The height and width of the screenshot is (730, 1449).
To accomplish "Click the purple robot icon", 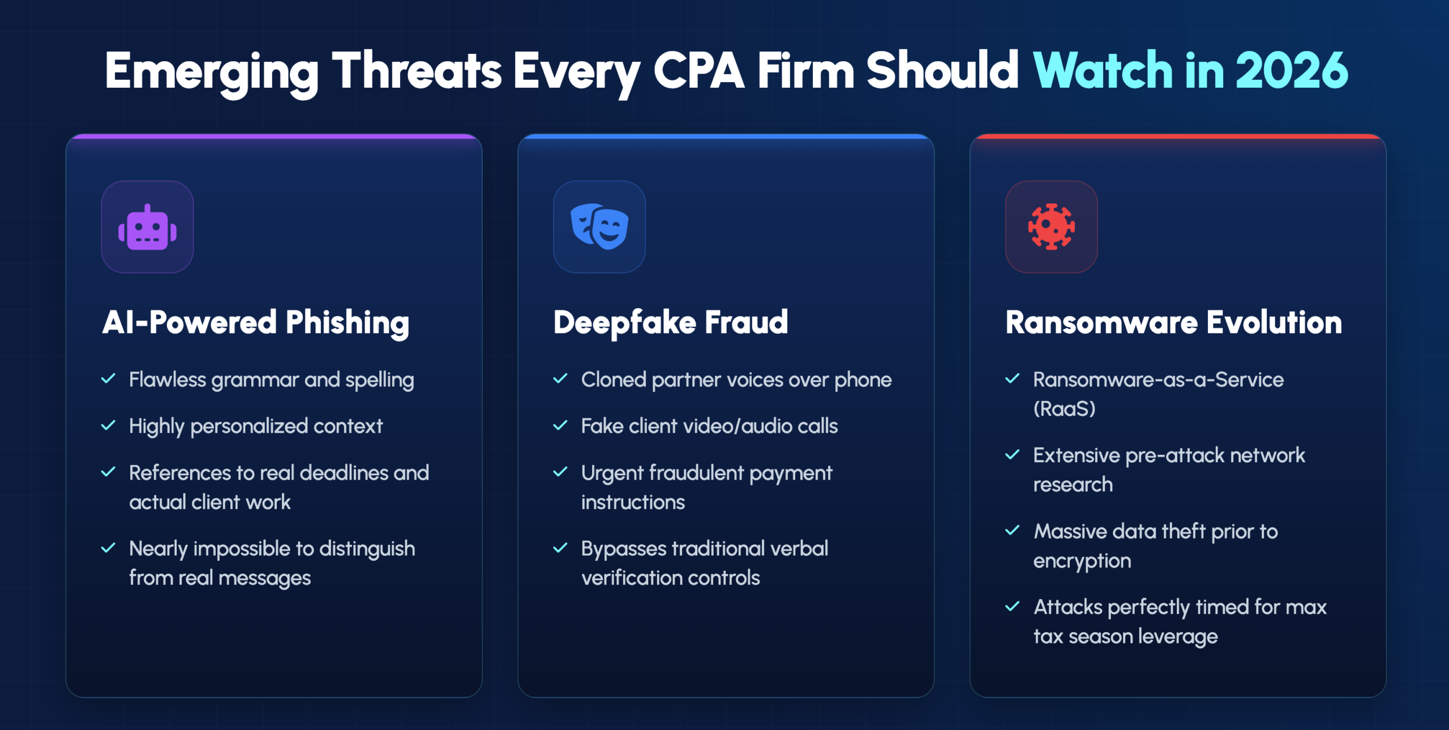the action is coord(147,227).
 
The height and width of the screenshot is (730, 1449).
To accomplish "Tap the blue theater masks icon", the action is coord(599,227).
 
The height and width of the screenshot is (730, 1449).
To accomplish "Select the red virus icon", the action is coord(1051,227).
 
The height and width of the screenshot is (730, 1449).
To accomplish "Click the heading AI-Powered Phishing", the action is coord(255,323).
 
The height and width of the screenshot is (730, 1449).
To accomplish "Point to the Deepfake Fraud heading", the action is coord(670,323).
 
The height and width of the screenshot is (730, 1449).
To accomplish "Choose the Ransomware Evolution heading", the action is coord(1173,322).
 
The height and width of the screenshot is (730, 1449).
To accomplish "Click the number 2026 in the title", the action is coord(1292,70).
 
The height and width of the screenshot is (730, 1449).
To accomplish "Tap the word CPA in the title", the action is coord(698,70).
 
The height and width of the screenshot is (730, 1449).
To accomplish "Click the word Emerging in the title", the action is coord(212,72).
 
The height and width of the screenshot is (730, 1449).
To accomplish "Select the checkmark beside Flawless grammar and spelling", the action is coord(108,378).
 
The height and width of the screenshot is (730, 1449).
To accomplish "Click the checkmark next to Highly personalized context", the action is coord(108,425).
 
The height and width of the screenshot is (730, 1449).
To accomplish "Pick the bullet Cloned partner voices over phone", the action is coord(736,379).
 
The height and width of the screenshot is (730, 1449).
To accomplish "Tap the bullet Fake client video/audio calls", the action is coord(709,426).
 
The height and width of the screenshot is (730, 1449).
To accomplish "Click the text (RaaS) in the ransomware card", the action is coord(1064,408).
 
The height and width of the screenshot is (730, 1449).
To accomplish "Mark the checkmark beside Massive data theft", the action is coord(1012,530).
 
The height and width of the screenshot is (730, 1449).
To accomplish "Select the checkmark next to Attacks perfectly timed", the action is coord(1012,606).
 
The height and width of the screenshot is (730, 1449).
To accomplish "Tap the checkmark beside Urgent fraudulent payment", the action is coord(560,472).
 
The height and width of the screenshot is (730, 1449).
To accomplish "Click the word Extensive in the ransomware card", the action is coord(1077,455).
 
